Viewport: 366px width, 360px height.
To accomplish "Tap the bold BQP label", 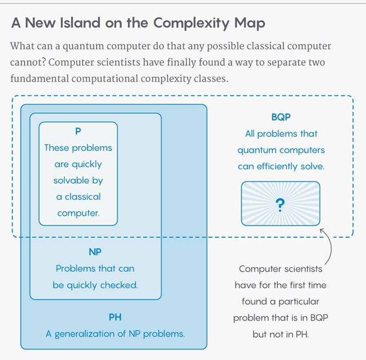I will [281, 117].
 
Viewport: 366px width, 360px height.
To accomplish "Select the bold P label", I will [78, 131].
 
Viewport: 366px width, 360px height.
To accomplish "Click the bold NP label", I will [95, 252].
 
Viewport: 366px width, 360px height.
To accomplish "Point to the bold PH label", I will [115, 317].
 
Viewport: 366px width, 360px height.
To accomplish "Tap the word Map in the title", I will [247, 24].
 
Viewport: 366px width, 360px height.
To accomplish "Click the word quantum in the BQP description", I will [257, 150].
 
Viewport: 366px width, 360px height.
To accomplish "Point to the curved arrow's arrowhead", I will [323, 231].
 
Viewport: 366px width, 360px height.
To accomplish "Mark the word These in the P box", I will [57, 148].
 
